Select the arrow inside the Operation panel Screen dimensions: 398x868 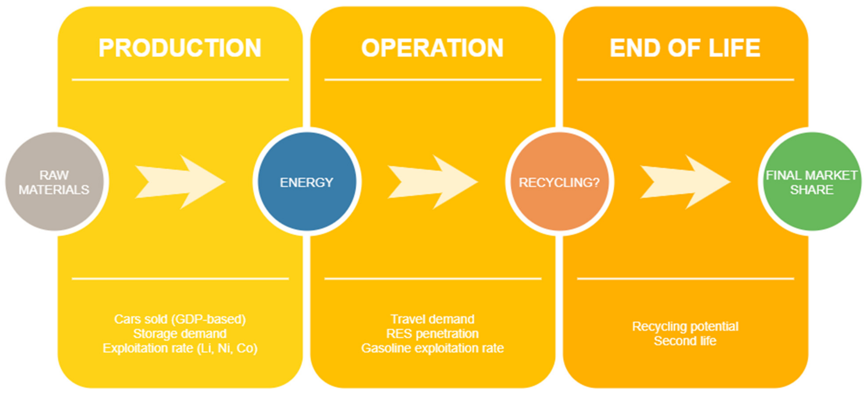(x=433, y=182)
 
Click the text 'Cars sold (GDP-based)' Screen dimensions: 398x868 (x=180, y=319)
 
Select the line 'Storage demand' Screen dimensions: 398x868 (x=180, y=334)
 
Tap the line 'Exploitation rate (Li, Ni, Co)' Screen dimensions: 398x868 (x=180, y=348)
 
